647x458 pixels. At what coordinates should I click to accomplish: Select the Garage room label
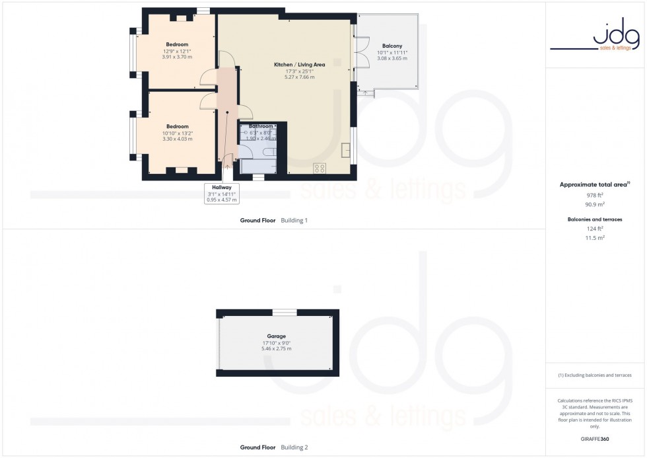[277, 336]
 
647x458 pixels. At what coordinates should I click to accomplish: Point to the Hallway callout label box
[221, 193]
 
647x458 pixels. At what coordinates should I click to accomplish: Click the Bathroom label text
[261, 126]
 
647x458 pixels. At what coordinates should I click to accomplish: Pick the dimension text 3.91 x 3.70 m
[177, 57]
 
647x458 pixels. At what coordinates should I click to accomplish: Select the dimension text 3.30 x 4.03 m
[177, 139]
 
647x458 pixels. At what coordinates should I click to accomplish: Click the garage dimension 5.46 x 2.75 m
[277, 348]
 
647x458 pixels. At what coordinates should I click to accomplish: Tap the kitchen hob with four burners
[320, 168]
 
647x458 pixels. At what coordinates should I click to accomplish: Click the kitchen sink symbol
[346, 149]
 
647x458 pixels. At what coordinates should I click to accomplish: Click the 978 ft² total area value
[595, 196]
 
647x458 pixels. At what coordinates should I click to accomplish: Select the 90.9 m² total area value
[595, 204]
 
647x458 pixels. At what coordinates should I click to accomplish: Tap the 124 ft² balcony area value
[595, 229]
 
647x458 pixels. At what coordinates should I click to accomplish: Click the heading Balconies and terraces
[595, 219]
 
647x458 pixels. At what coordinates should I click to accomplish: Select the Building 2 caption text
[294, 447]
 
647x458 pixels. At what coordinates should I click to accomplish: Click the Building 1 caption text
[294, 219]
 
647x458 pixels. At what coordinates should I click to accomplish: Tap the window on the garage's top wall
[285, 313]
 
